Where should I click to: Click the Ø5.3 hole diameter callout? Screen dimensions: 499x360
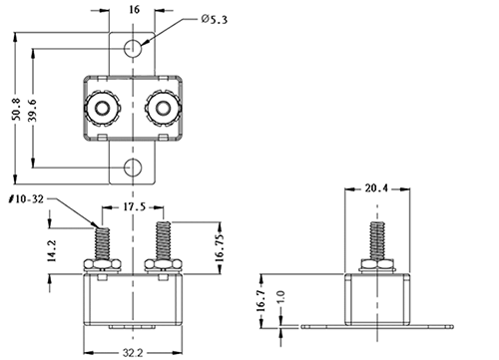pyautogui.click(x=215, y=19)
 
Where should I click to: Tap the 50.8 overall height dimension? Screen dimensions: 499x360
pyautogui.click(x=16, y=109)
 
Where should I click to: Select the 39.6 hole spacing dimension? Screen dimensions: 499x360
pyautogui.click(x=33, y=110)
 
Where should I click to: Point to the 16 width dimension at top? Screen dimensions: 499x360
pyautogui.click(x=134, y=10)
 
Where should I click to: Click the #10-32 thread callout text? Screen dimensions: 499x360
pyautogui.click(x=26, y=199)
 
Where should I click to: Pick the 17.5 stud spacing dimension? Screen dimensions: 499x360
pyautogui.click(x=135, y=207)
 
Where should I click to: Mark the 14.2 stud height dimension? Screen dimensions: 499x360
pyautogui.click(x=52, y=251)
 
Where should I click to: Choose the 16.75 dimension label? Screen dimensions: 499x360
pyautogui.click(x=220, y=247)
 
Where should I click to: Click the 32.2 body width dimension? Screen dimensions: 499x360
pyautogui.click(x=133, y=352)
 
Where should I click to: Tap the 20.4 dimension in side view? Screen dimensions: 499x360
pyautogui.click(x=376, y=188)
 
